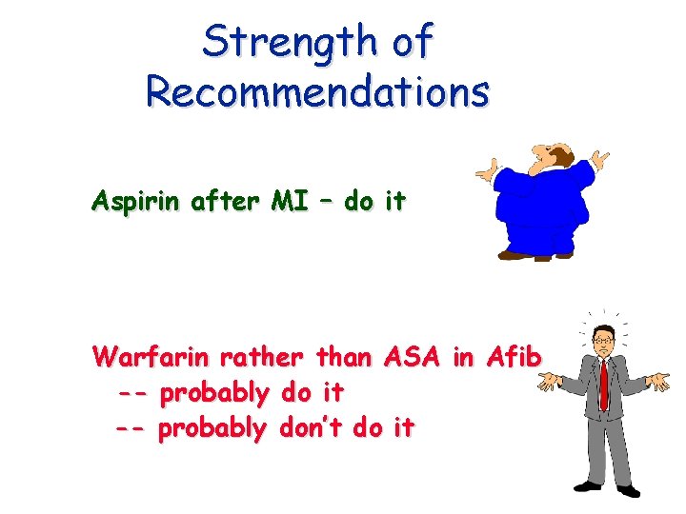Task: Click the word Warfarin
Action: (151, 358)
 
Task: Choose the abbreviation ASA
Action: (412, 358)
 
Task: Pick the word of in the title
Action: (412, 41)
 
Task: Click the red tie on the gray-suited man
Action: (603, 381)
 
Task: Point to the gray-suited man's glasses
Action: (602, 339)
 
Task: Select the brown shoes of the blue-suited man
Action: (534, 255)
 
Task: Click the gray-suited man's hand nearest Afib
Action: (550, 383)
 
